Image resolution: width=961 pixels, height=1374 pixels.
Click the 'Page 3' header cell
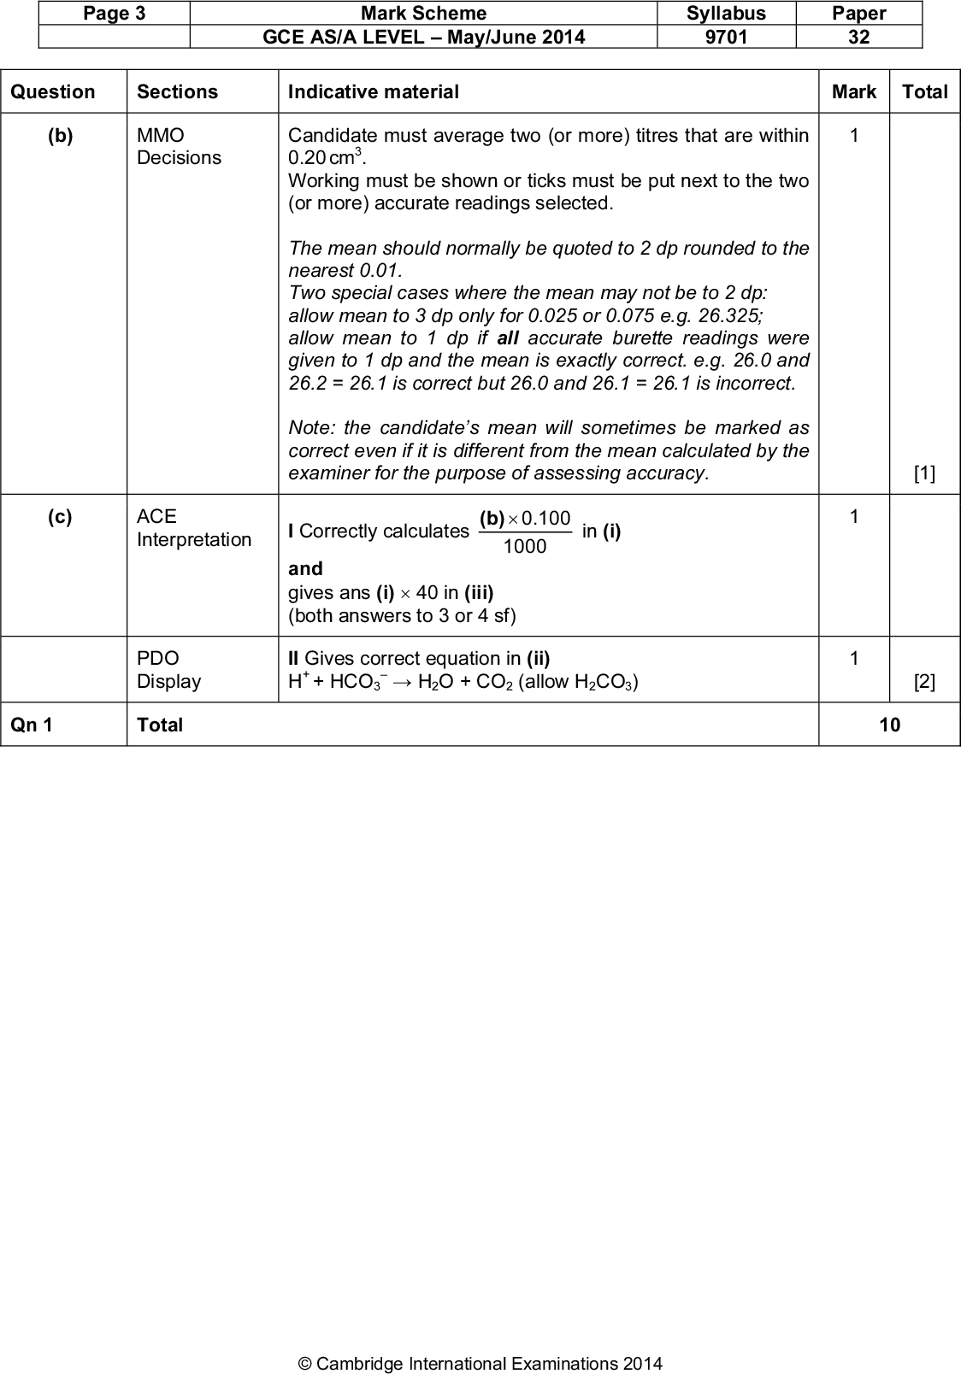pyautogui.click(x=115, y=14)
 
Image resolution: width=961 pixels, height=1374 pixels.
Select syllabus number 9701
pyautogui.click(x=726, y=37)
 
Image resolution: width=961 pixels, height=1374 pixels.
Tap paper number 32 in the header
pyautogui.click(x=858, y=37)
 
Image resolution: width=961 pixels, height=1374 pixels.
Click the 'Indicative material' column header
pyautogui.click(x=374, y=92)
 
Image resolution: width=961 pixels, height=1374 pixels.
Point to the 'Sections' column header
pyautogui.click(x=177, y=92)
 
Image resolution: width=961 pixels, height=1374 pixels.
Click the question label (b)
pyautogui.click(x=60, y=136)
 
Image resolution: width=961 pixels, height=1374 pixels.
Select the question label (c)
pyautogui.click(x=60, y=517)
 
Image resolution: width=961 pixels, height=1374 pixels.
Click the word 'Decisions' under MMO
pyautogui.click(x=179, y=158)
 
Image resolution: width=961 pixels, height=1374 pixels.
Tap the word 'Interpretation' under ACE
pyautogui.click(x=194, y=540)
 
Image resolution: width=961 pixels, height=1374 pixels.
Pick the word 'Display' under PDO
pyautogui.click(x=169, y=682)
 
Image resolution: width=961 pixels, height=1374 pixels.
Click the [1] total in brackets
pyautogui.click(x=924, y=474)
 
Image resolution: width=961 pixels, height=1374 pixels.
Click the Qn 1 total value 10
pyautogui.click(x=889, y=725)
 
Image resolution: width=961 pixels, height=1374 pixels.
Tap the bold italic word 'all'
pyautogui.click(x=508, y=338)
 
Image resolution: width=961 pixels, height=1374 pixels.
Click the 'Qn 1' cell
pyautogui.click(x=32, y=725)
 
